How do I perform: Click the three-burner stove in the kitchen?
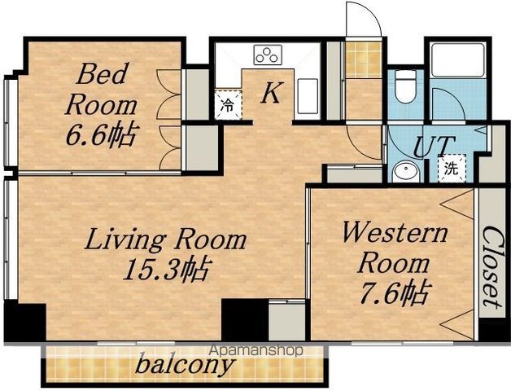[268, 55]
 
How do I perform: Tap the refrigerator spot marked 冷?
[228, 105]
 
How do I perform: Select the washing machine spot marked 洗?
[452, 169]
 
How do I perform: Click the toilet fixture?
[404, 86]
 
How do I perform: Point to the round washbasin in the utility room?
[405, 172]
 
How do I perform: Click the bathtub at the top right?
[457, 61]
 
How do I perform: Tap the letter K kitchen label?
[271, 93]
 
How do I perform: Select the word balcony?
[185, 364]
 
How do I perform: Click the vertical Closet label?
[491, 266]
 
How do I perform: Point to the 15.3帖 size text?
[166, 270]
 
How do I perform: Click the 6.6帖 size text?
[100, 134]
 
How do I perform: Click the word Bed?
[102, 74]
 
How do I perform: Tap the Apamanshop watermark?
[257, 350]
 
